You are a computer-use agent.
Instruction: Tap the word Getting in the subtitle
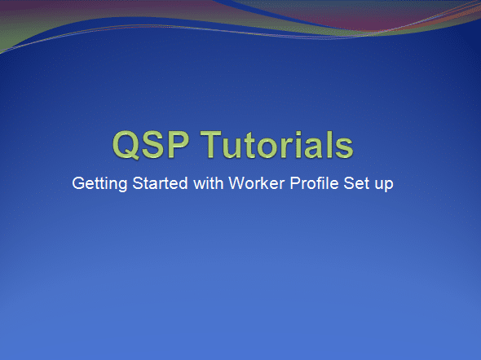point(94,184)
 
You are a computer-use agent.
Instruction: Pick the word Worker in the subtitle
point(229,183)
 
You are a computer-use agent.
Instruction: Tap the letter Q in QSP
point(127,147)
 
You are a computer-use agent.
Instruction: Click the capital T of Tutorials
point(210,147)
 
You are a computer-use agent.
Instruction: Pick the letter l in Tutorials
point(328,147)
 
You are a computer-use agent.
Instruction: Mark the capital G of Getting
point(78,183)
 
